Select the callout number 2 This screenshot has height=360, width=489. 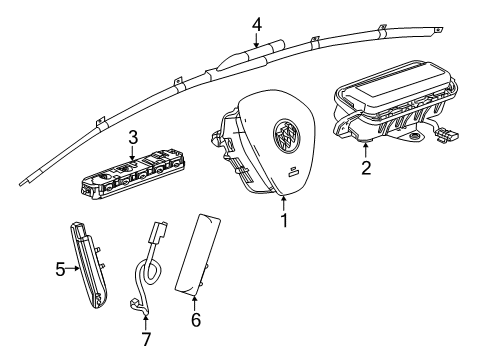366,168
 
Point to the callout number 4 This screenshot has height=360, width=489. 256,23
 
